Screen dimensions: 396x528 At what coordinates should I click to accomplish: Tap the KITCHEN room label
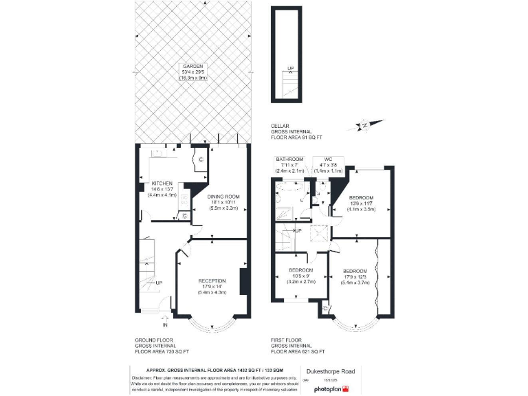(x=162, y=183)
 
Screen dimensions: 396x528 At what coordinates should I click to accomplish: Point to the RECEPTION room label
(x=212, y=280)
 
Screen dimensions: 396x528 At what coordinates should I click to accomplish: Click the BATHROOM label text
(x=289, y=159)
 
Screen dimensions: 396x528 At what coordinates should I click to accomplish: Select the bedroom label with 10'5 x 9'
(x=301, y=270)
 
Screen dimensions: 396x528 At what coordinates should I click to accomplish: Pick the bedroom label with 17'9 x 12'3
(x=357, y=270)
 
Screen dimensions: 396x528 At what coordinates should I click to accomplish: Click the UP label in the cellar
(x=290, y=68)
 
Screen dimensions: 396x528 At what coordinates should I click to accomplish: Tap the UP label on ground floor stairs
(x=159, y=283)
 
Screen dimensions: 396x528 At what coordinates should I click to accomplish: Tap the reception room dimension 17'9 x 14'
(x=212, y=287)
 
